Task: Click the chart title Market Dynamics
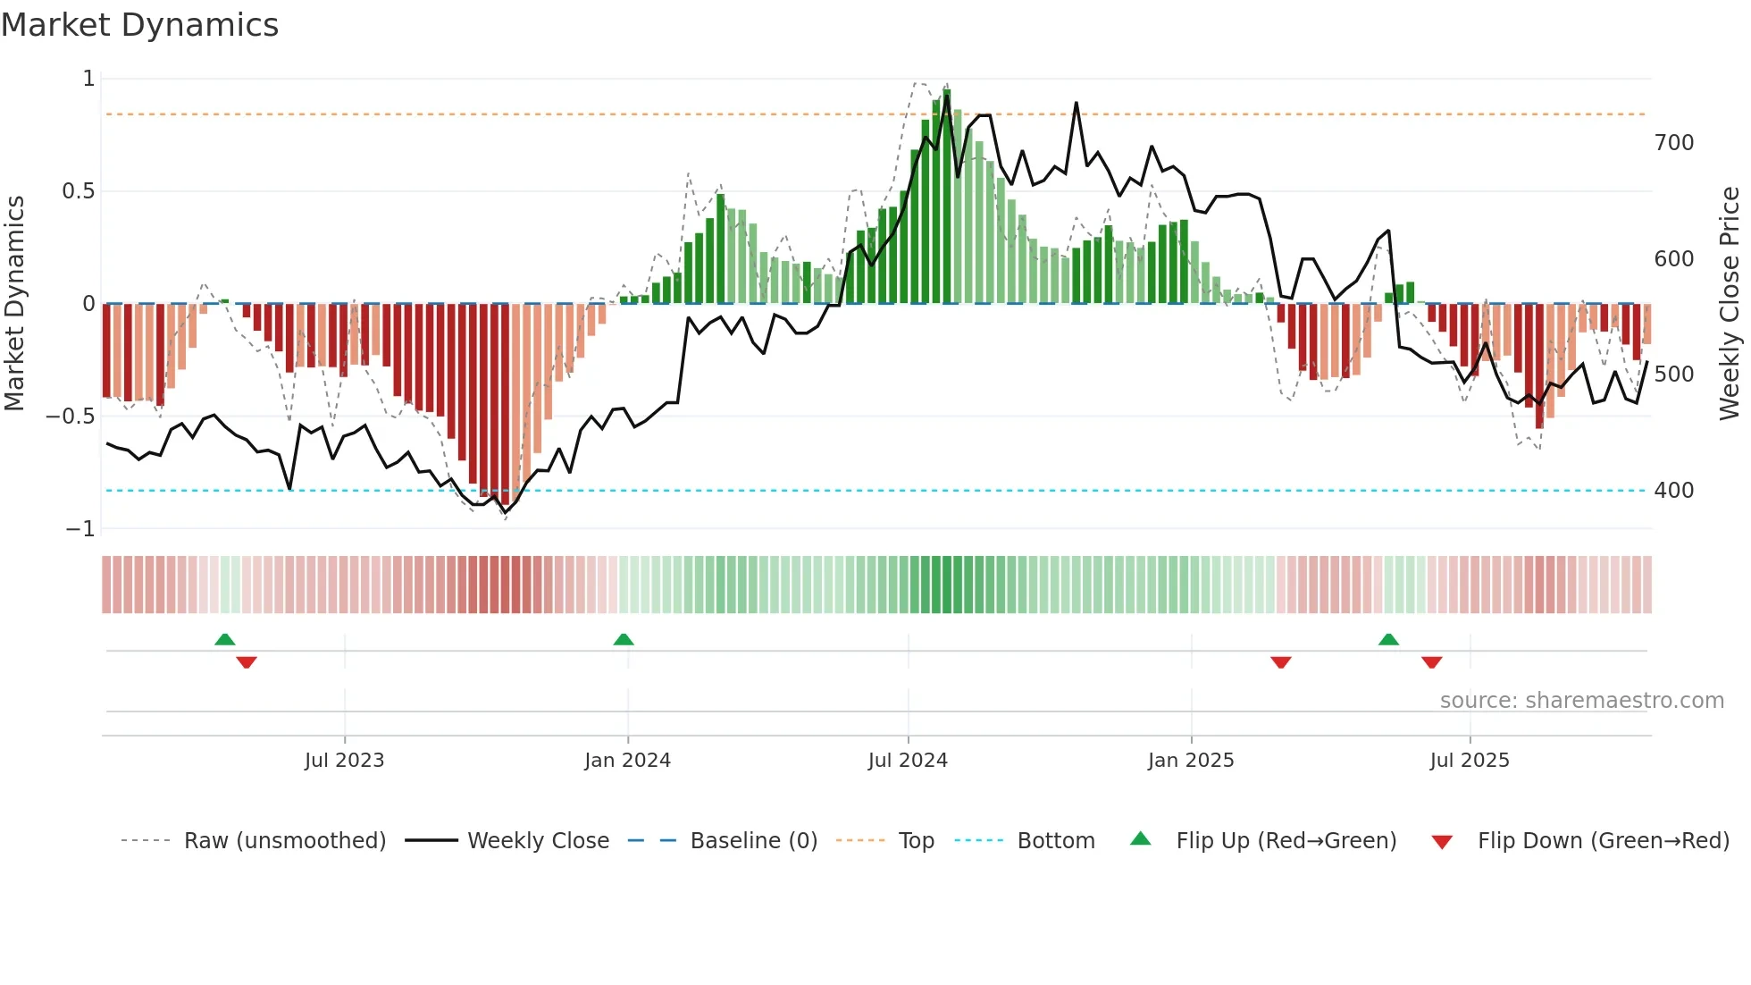139,25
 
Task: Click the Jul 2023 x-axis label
344,761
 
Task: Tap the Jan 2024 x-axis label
627,761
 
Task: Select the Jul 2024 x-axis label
908,761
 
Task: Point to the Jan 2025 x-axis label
1191,761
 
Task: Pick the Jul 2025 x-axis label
1470,761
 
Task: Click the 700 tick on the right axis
1674,143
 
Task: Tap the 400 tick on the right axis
1674,491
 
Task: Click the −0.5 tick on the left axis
71,417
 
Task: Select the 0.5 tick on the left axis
78,191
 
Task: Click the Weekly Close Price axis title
1730,304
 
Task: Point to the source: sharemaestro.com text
1581,701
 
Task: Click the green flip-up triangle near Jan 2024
624,639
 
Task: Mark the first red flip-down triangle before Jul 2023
247,662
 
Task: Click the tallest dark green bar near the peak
946,197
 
